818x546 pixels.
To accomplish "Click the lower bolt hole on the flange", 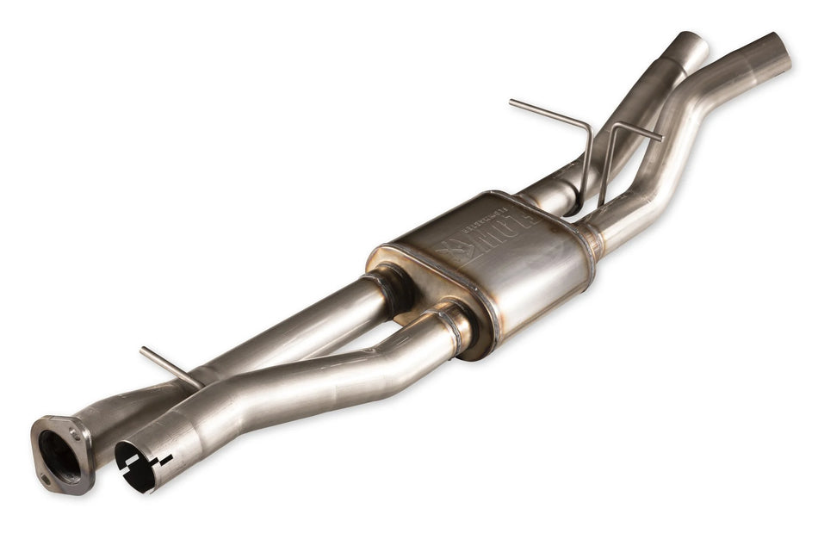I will point(46,478).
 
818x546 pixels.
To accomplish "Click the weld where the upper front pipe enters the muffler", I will point(389,284).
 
